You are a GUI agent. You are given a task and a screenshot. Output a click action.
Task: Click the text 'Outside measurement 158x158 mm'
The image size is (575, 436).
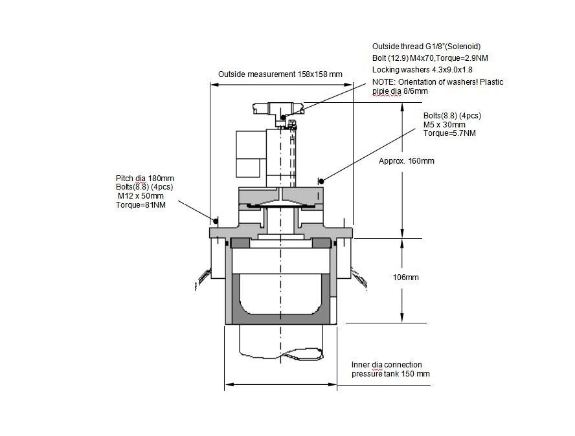pyautogui.click(x=280, y=74)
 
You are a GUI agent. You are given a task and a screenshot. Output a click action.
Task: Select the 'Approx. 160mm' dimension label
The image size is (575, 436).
pyautogui.click(x=406, y=161)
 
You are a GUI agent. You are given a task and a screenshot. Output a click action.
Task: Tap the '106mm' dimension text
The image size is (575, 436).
pyautogui.click(x=405, y=278)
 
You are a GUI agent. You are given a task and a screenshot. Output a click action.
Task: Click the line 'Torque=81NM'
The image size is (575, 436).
pyautogui.click(x=141, y=205)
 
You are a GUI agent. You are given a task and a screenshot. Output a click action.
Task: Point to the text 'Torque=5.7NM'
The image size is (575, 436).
pyautogui.click(x=449, y=133)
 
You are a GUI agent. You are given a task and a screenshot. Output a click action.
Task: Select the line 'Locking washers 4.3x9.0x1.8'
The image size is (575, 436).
pyautogui.click(x=422, y=70)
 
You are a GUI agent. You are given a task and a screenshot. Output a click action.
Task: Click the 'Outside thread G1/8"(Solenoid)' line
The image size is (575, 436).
pyautogui.click(x=427, y=47)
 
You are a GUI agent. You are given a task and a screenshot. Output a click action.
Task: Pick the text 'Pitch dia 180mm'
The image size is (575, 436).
pyautogui.click(x=145, y=179)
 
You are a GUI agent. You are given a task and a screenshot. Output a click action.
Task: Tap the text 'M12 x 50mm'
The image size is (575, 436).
pyautogui.click(x=141, y=195)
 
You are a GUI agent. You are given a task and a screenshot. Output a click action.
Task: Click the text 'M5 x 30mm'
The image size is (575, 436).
pyautogui.click(x=444, y=125)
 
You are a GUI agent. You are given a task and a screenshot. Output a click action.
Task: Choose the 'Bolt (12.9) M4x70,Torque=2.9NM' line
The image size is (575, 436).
pyautogui.click(x=430, y=58)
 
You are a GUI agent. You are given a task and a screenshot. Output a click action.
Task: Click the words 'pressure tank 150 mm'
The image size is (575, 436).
pyautogui.click(x=390, y=374)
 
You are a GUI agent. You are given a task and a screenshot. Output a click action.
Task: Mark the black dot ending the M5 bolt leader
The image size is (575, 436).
pyautogui.click(x=321, y=181)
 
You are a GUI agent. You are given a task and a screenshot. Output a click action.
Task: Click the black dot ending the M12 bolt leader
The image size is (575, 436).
pyautogui.click(x=216, y=221)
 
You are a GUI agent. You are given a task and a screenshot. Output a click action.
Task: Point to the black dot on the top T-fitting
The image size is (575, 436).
pyautogui.click(x=283, y=117)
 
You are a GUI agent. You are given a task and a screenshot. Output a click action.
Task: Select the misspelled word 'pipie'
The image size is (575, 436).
pyautogui.click(x=380, y=91)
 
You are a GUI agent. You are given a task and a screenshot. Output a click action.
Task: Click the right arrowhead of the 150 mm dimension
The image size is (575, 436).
pyautogui.click(x=333, y=385)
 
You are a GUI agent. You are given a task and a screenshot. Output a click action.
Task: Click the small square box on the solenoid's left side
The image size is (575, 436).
pyautogui.click(x=248, y=168)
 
